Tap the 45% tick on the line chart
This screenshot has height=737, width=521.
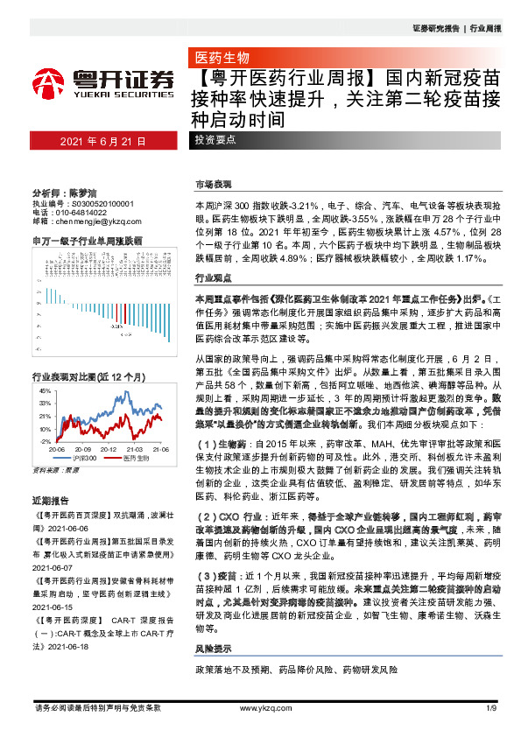click(x=44, y=391)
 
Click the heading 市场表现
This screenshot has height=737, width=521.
click(x=214, y=184)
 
